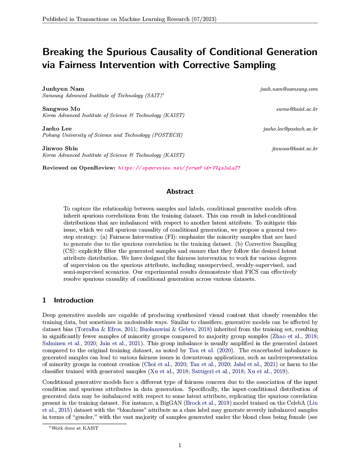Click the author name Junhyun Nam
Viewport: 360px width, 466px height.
[63, 89]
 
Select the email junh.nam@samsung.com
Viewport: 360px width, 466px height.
[289, 89]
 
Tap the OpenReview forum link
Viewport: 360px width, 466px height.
[179, 168]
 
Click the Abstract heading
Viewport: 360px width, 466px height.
[180, 192]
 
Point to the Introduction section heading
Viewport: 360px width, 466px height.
[73, 300]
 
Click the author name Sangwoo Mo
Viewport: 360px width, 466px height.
[61, 109]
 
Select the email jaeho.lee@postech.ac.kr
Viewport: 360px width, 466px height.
[290, 129]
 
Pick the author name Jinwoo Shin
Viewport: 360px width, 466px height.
[60, 149]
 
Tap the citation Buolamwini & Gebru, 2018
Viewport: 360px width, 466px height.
[175, 329]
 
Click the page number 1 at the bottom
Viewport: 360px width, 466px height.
[180, 446]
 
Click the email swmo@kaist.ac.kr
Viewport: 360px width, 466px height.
[297, 109]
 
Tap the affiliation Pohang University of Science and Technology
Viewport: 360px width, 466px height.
[112, 135]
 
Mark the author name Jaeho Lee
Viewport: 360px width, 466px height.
[57, 129]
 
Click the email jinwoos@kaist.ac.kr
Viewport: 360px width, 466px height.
[295, 149]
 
